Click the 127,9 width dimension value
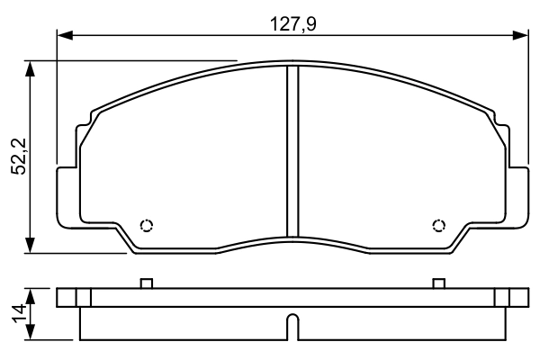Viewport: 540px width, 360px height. point(293,24)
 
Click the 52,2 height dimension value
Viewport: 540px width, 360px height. point(19,157)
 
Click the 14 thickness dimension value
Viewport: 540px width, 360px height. point(19,313)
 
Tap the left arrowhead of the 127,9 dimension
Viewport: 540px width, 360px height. point(65,35)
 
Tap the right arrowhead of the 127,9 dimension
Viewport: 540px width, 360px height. point(520,35)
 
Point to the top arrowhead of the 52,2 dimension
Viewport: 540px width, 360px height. point(31,69)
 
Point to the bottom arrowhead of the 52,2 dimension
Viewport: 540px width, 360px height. point(31,246)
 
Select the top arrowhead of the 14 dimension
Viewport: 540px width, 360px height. point(31,297)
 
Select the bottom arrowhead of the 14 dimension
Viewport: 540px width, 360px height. point(31,332)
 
